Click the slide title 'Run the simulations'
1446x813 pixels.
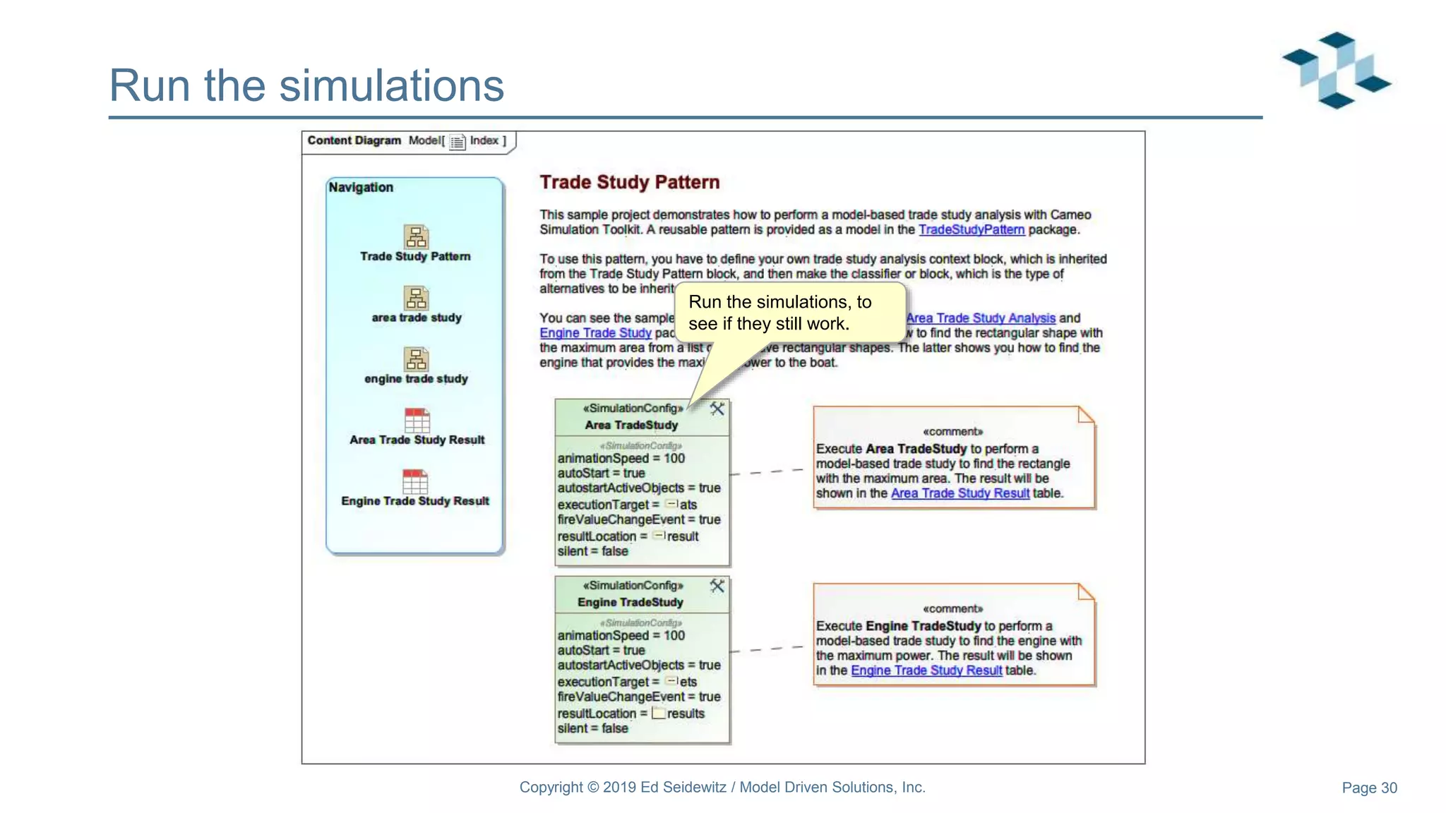306,85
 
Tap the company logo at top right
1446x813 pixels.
1336,70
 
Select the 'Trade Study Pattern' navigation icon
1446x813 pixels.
416,237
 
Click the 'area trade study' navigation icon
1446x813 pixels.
416,299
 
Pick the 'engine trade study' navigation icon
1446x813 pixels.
416,359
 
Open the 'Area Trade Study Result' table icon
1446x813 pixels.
417,421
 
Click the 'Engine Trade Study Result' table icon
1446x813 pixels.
415,481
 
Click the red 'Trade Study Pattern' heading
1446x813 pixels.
629,182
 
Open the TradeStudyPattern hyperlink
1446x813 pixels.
971,229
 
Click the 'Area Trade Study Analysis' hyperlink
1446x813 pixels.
981,318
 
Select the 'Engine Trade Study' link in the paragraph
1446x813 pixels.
595,333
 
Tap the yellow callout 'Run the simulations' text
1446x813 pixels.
779,313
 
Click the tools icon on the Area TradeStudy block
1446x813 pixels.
717,409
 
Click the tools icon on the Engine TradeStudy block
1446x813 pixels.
717,586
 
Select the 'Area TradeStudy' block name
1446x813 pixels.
631,425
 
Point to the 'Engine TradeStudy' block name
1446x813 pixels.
630,602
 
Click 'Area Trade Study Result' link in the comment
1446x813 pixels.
960,493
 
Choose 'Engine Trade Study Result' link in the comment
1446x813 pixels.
926,670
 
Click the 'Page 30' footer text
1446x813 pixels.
1368,788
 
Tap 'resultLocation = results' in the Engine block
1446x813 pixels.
631,713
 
